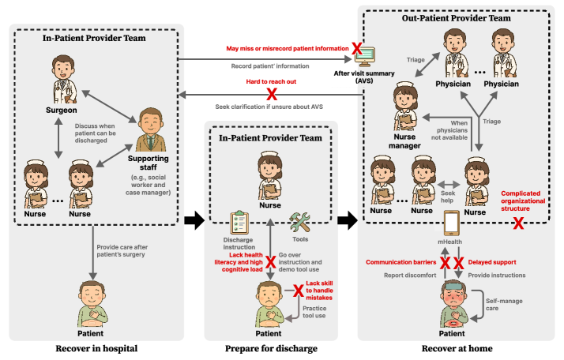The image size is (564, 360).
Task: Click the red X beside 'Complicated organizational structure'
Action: click(518, 223)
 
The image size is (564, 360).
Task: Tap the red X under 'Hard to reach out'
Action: click(273, 94)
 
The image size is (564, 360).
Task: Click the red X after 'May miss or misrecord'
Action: click(356, 49)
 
